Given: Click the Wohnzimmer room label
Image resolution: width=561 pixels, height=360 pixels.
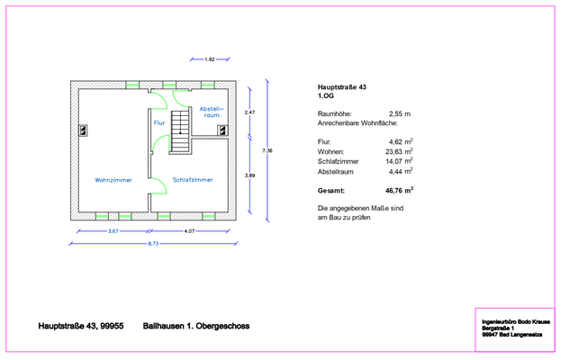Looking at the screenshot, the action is [x=113, y=180].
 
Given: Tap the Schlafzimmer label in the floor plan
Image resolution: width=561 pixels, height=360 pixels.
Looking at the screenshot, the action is [x=193, y=180].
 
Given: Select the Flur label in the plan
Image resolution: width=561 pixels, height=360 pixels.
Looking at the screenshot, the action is [x=159, y=123].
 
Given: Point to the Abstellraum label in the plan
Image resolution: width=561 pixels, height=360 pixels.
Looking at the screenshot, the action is [x=212, y=112].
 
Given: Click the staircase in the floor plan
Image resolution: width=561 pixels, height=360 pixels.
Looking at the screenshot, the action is [x=180, y=132].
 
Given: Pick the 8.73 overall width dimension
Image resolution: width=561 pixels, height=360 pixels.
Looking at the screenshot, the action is [x=153, y=244].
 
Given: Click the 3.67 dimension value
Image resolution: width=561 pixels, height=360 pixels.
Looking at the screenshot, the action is [x=113, y=231].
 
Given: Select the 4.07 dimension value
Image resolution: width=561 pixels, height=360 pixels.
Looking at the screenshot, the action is [x=189, y=231].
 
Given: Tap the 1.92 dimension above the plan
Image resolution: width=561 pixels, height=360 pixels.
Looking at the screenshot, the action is [x=210, y=59].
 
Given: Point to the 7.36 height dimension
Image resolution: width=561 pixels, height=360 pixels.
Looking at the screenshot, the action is [x=267, y=150].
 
